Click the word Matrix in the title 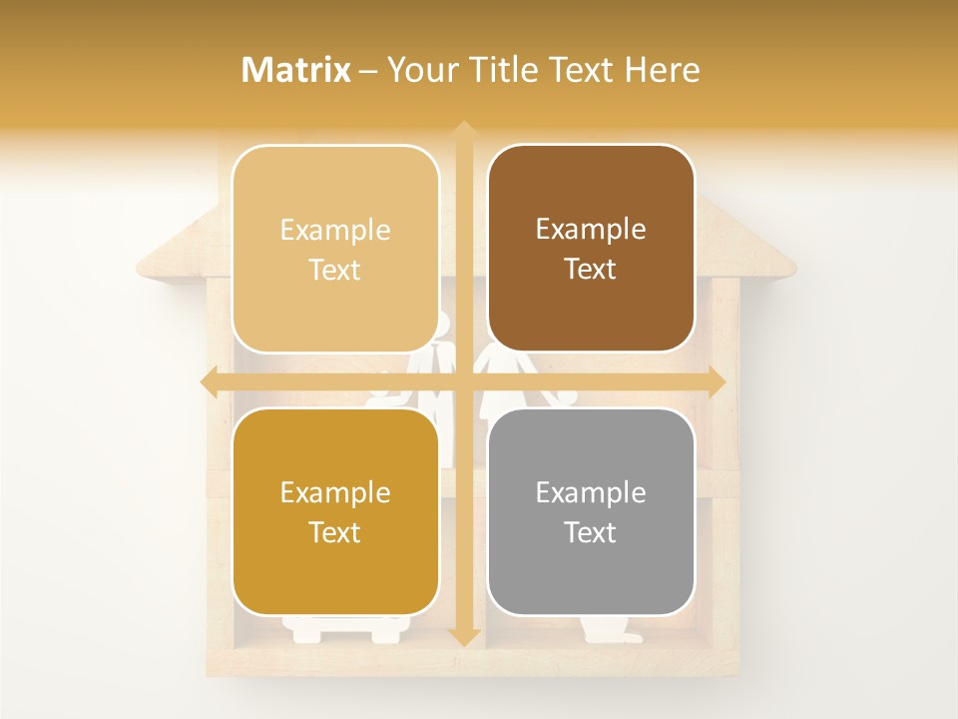click(x=296, y=70)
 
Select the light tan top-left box click(x=335, y=249)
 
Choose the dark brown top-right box click(x=591, y=249)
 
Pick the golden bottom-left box click(x=335, y=511)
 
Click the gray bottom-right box click(x=591, y=511)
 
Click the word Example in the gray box click(x=591, y=492)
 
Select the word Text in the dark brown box click(x=591, y=270)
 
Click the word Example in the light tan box click(x=335, y=230)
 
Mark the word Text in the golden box click(x=335, y=532)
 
